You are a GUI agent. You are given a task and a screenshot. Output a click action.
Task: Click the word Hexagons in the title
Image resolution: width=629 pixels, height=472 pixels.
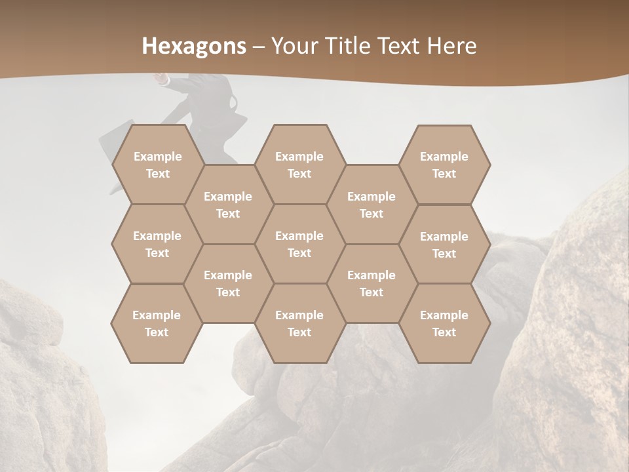click(195, 46)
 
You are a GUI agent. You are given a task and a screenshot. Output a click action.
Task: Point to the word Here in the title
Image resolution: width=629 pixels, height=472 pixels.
click(451, 46)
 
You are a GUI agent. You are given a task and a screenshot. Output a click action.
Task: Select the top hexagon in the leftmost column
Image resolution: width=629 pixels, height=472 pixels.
click(157, 165)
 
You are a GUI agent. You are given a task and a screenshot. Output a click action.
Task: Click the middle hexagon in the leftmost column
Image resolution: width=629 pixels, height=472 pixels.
click(157, 244)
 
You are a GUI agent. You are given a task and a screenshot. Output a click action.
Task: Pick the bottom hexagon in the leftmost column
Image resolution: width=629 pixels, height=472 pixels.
click(157, 323)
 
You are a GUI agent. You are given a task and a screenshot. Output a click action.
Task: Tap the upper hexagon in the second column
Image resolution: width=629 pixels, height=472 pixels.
click(228, 205)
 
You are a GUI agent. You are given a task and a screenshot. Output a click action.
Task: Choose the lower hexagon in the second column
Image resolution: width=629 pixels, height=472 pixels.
click(228, 283)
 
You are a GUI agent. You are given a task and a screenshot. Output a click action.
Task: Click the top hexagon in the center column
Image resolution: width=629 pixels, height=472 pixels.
click(299, 165)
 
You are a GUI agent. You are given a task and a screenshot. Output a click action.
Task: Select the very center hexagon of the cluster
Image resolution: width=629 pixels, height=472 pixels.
click(299, 244)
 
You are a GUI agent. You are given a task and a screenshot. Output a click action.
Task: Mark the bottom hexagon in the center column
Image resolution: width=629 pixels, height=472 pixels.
click(299, 323)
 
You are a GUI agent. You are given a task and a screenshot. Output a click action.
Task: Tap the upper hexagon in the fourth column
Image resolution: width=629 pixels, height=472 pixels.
click(372, 205)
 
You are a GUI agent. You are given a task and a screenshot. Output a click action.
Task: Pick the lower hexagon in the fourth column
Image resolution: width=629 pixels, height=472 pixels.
click(372, 283)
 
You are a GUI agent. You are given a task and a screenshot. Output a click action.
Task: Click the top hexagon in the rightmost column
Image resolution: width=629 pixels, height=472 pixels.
click(444, 165)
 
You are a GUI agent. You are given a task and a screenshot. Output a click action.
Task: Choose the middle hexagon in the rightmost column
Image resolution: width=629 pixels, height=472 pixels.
click(444, 245)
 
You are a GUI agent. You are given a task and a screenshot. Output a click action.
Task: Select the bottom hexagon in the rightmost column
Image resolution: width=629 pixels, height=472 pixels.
click(444, 323)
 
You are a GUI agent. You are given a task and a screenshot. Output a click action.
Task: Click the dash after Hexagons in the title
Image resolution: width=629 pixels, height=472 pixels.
click(259, 47)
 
